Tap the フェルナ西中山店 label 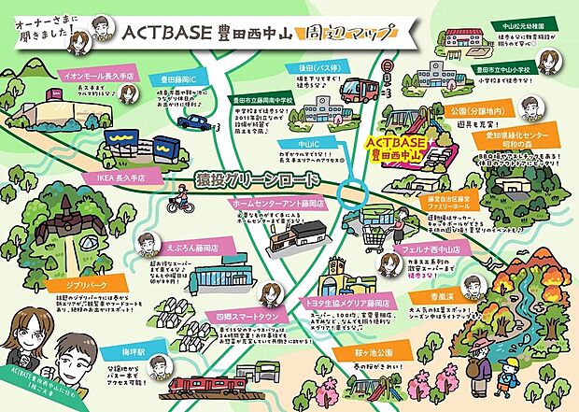tap(445, 250)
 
